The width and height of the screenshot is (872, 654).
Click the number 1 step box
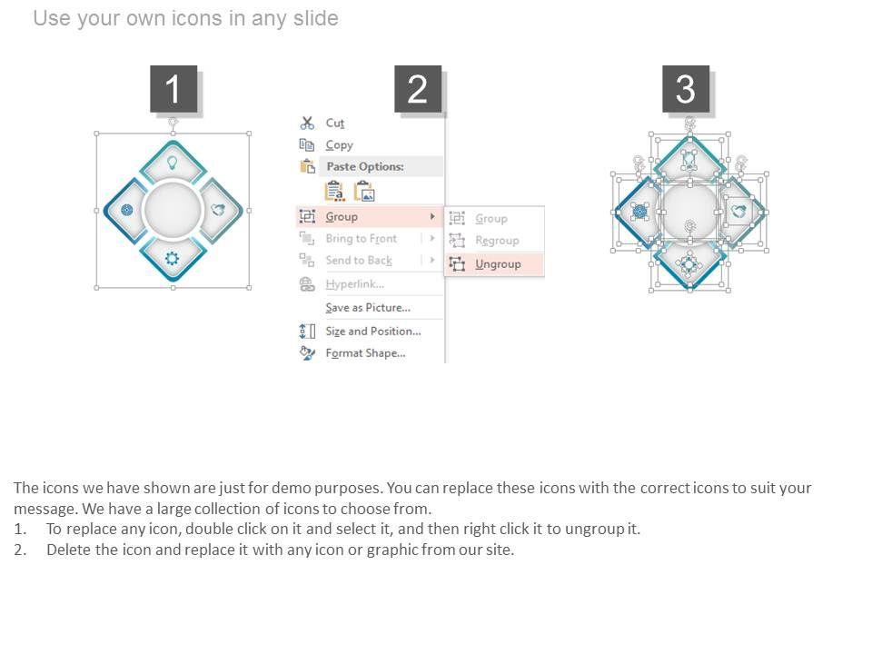pyautogui.click(x=173, y=89)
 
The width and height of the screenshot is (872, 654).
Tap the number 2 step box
pyautogui.click(x=418, y=89)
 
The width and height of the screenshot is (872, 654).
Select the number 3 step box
pyautogui.click(x=686, y=89)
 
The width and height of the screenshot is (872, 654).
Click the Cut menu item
pyautogui.click(x=335, y=123)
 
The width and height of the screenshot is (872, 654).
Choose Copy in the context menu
pyautogui.click(x=339, y=145)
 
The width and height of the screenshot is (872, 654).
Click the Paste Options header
pyautogui.click(x=365, y=166)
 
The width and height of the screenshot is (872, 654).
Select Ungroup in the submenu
pyautogui.click(x=498, y=264)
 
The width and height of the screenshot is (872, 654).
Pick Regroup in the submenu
pyautogui.click(x=497, y=240)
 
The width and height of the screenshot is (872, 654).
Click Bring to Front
pyautogui.click(x=361, y=239)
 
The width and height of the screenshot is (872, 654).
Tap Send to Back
pyautogui.click(x=359, y=261)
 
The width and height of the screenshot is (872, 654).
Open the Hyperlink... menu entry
pyautogui.click(x=355, y=284)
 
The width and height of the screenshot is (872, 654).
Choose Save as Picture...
pyautogui.click(x=368, y=308)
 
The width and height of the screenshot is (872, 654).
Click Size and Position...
pyautogui.click(x=373, y=331)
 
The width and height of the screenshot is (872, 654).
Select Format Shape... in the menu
pyautogui.click(x=365, y=353)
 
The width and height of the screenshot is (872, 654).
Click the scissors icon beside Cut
pyautogui.click(x=307, y=123)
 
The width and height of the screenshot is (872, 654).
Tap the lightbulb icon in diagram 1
pyautogui.click(x=173, y=163)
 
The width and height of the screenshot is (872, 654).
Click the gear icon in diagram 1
pyautogui.click(x=173, y=258)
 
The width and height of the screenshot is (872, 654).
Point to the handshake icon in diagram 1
pyautogui.click(x=219, y=210)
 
